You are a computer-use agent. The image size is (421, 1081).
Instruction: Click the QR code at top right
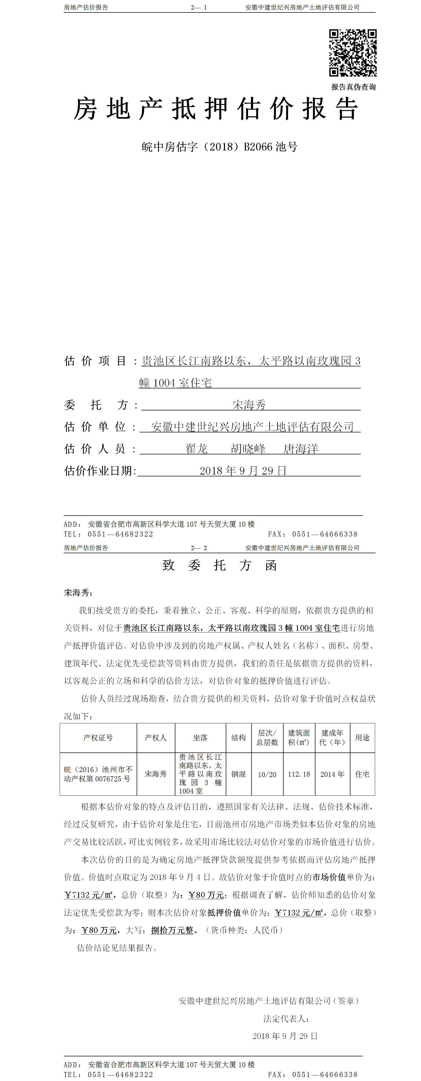(x=353, y=53)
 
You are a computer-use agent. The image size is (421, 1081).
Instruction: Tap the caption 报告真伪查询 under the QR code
(x=353, y=87)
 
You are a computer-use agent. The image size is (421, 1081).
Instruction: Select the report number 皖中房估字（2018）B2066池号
(x=219, y=147)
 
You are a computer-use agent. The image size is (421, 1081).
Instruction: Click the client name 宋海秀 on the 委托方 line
(x=249, y=405)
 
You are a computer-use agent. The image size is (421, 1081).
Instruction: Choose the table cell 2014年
(x=332, y=774)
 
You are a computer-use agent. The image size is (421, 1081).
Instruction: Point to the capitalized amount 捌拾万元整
(x=172, y=930)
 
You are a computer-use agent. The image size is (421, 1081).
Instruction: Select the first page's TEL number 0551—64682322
(x=121, y=534)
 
